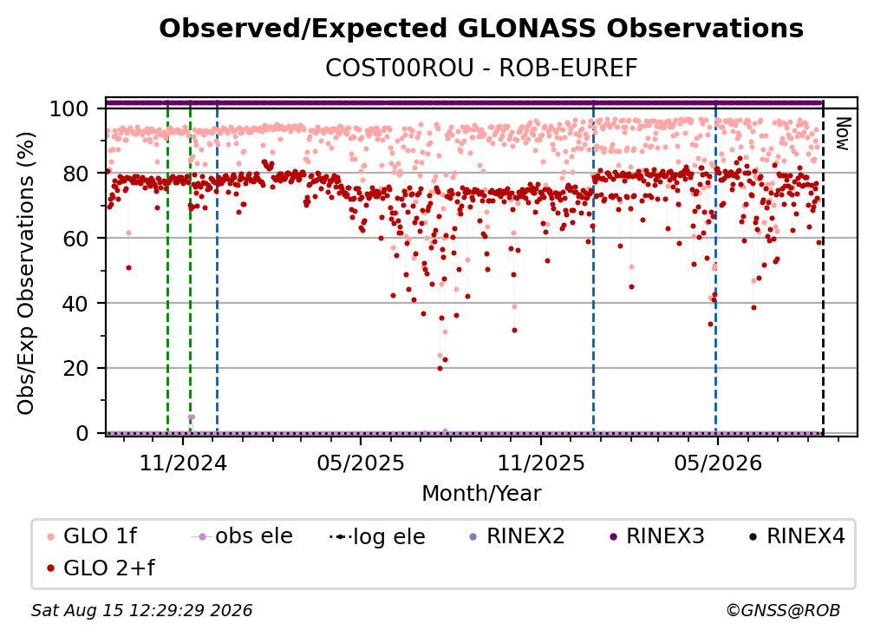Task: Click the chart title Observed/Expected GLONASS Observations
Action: click(x=481, y=29)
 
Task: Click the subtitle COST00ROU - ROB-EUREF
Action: click(x=481, y=69)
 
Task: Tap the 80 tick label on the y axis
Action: click(x=75, y=174)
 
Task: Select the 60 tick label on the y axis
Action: click(x=75, y=238)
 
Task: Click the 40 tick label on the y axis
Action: click(x=75, y=304)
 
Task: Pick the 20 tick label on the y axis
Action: click(x=75, y=368)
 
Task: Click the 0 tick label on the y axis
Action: click(x=82, y=433)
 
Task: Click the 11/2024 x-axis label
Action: click(x=183, y=463)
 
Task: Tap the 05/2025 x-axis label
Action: click(x=361, y=463)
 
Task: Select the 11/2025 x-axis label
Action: click(x=541, y=463)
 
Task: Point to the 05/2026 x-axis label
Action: click(x=718, y=463)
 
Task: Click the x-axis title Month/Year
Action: click(x=481, y=494)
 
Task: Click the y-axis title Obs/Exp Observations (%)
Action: click(x=26, y=273)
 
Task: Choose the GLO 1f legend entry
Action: click(x=92, y=536)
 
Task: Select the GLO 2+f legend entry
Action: click(x=101, y=568)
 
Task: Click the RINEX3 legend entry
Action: click(x=656, y=536)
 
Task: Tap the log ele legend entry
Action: click(x=377, y=536)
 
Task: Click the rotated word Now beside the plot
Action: click(x=842, y=134)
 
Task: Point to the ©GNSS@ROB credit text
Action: click(x=783, y=611)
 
